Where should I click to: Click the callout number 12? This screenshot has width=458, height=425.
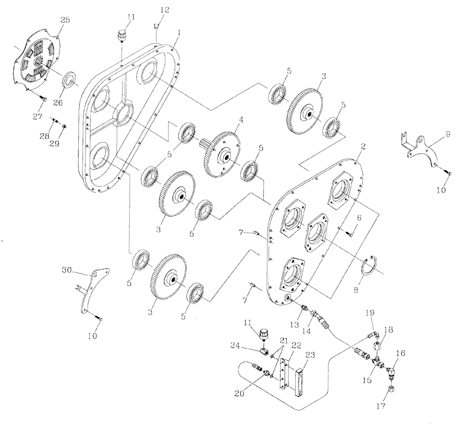[152, 10]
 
